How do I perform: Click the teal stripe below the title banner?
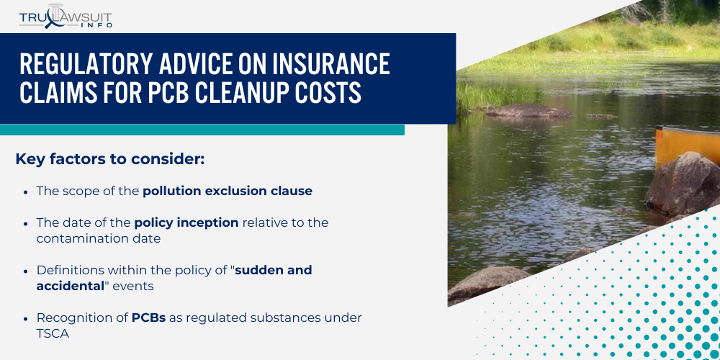tap(202, 130)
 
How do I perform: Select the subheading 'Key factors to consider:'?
tap(110, 159)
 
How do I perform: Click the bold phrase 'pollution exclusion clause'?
tap(228, 191)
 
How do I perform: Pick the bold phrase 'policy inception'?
tap(186, 222)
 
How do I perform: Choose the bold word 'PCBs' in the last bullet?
tap(148, 318)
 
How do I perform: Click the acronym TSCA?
tap(53, 333)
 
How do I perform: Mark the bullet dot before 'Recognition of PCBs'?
tap(26, 318)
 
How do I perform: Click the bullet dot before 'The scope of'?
tap(26, 192)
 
